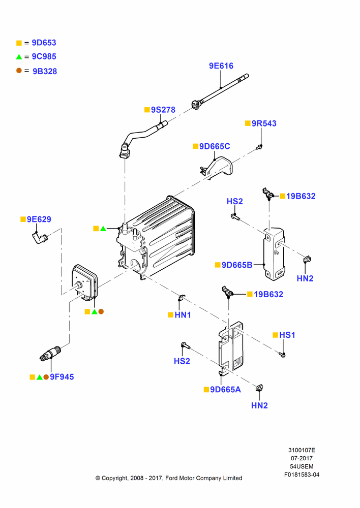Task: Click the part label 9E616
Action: click(x=221, y=66)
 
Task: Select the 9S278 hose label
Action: click(x=163, y=110)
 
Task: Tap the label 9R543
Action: click(x=264, y=123)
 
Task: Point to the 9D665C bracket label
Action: click(x=215, y=146)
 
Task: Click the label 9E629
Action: click(x=39, y=219)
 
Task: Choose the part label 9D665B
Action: click(x=237, y=265)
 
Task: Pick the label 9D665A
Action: click(x=225, y=390)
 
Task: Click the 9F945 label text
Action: click(x=62, y=377)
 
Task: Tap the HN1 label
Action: click(x=183, y=315)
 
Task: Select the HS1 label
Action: click(x=287, y=335)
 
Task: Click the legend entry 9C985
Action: click(x=44, y=57)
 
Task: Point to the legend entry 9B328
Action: click(x=45, y=71)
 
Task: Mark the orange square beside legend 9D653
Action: click(x=19, y=43)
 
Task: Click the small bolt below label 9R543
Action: click(x=259, y=147)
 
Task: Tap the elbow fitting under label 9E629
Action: click(x=40, y=238)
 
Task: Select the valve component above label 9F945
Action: click(x=50, y=353)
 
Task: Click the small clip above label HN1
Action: click(x=182, y=297)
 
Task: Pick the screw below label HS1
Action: click(x=282, y=355)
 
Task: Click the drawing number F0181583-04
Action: click(x=302, y=474)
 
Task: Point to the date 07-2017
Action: click(x=302, y=458)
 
